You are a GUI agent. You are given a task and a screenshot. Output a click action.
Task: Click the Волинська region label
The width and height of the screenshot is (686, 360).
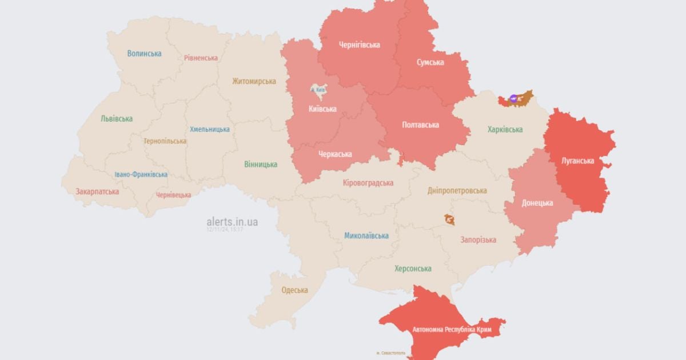144,54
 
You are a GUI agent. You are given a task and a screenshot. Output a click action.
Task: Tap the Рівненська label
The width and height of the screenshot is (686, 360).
201,58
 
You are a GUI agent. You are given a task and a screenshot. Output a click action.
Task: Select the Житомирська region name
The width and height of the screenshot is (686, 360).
254,81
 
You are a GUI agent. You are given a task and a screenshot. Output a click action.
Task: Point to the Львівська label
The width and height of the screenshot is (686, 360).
117,119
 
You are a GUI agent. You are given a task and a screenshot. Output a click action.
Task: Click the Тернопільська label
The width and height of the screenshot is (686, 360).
165,141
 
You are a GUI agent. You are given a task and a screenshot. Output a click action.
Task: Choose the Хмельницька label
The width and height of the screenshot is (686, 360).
210,129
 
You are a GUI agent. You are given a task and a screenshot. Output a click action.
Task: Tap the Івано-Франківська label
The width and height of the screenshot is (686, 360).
141,174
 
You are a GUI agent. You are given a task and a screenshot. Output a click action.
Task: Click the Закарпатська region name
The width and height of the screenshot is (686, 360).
97,192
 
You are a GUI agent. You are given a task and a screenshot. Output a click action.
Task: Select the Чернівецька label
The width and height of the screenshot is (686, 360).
173,195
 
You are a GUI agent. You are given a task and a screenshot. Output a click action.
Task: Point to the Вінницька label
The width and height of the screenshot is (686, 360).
261,165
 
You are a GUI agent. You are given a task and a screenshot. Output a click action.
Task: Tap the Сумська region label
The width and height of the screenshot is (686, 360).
429,62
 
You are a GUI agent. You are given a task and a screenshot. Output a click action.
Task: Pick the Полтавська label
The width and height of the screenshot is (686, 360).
420,125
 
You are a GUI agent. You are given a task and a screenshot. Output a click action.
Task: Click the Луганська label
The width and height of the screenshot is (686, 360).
577,161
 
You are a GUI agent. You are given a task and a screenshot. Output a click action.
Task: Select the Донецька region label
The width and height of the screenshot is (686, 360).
537,203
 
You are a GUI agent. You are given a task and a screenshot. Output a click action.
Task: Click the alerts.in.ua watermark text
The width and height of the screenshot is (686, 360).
232,222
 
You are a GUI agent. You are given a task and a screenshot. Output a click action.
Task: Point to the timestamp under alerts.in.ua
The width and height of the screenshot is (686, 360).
225,230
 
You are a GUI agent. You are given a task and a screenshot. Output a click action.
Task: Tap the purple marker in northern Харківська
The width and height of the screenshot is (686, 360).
513,98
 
